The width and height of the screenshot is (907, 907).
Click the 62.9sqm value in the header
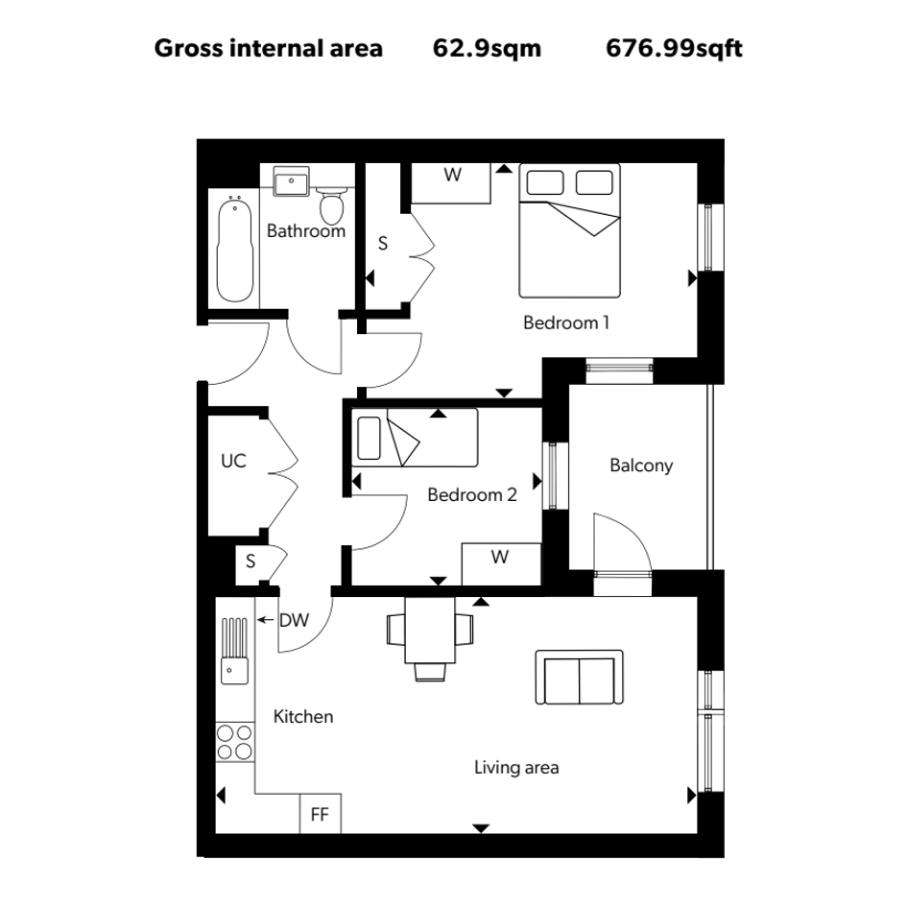point(487,49)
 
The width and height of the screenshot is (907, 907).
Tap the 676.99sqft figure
point(674,49)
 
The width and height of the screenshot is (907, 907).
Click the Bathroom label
point(306,230)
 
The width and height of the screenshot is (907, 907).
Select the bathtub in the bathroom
point(235,249)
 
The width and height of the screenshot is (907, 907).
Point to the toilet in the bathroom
point(332,206)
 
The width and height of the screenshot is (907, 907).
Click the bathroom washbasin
point(291,181)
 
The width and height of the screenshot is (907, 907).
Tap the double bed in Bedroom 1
point(570,230)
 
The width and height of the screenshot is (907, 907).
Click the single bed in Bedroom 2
point(415,438)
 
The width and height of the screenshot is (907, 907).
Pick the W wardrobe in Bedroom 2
point(501,564)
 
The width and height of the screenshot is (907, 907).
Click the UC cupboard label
point(233,461)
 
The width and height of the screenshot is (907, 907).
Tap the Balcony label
point(641,465)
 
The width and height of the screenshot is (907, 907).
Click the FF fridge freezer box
point(321,814)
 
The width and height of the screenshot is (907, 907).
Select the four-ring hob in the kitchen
point(235,742)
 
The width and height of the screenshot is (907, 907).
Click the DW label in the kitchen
point(294,621)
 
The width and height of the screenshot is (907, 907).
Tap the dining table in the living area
point(430,631)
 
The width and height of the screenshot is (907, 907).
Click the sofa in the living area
point(579,678)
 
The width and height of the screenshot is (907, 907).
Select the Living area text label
point(516,768)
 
